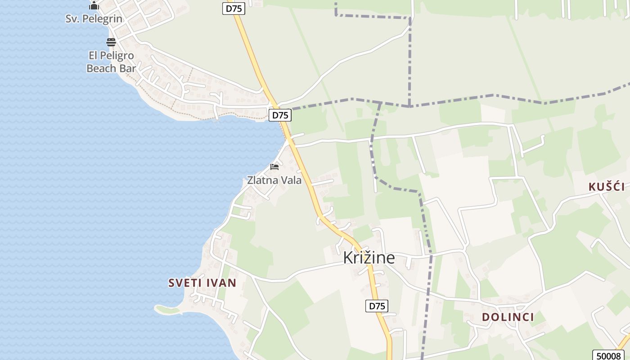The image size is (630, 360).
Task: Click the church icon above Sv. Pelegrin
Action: click(94, 5)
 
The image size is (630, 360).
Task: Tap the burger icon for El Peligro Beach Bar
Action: click(111, 42)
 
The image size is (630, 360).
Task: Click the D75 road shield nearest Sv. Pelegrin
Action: click(233, 8)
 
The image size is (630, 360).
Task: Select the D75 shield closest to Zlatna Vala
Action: click(280, 115)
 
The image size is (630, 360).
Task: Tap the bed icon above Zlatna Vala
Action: click(274, 167)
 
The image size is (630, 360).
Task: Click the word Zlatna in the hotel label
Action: click(262, 180)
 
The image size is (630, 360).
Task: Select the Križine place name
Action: click(369, 258)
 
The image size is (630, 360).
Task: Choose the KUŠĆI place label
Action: click(607, 187)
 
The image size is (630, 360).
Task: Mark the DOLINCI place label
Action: click(508, 317)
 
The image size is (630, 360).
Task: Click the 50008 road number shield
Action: click(608, 355)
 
